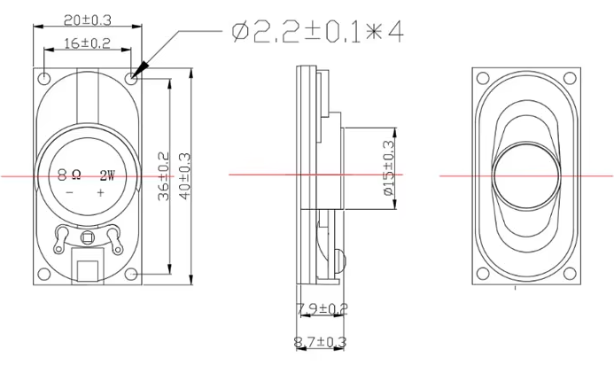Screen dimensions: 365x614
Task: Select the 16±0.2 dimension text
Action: click(89, 43)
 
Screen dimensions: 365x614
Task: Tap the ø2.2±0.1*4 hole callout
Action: click(316, 32)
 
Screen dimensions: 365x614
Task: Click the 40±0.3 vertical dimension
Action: click(185, 175)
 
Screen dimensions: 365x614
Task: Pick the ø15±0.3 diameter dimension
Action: click(387, 174)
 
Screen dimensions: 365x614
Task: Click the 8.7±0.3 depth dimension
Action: click(321, 341)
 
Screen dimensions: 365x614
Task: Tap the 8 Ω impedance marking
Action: click(70, 175)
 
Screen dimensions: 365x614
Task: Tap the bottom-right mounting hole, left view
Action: click(132, 273)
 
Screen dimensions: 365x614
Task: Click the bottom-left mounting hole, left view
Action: click(44, 273)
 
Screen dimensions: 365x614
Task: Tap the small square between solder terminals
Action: click(88, 237)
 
